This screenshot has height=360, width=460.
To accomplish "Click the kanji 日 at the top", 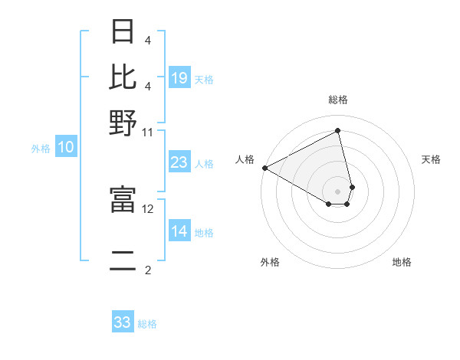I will tap(123, 32).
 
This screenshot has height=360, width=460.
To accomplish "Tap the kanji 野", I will tap(123, 123).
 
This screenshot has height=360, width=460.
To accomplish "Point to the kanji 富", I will tap(123, 200).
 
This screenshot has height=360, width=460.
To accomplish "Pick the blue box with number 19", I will tap(179, 78).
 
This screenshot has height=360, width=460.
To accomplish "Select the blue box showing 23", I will tap(179, 162).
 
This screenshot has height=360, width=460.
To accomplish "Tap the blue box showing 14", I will tap(179, 232).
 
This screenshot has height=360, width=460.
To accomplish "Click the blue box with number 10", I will tap(66, 148).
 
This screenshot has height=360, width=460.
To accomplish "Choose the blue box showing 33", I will tap(123, 322).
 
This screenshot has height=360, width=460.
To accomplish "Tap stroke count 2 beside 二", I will tap(148, 270).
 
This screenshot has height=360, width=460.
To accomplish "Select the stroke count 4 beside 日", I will tap(148, 40).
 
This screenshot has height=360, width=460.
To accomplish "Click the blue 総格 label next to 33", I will tap(147, 324).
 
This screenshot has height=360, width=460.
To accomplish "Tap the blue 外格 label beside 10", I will tap(41, 149).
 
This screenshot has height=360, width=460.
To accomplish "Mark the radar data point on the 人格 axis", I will tap(264, 168).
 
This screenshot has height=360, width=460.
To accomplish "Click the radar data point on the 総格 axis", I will tap(337, 130).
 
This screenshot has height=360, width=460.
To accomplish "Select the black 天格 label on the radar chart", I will tap(431, 159).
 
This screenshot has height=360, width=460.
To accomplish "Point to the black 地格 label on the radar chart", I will tap(402, 262).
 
